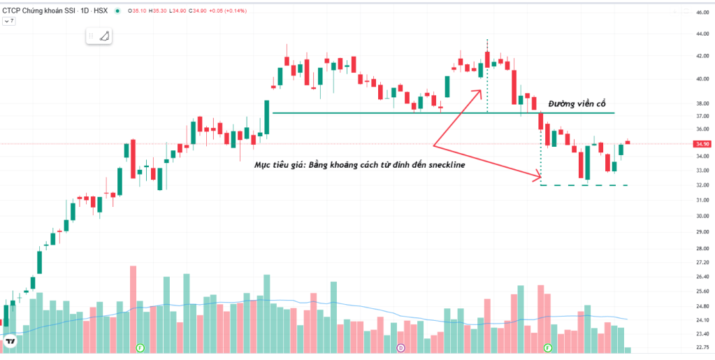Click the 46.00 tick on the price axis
tap(701, 13)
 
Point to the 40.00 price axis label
tap(701, 78)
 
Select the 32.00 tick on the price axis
tap(701, 185)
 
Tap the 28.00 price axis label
tap(701, 249)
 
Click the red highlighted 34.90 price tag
tap(702, 144)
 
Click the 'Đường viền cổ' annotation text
tap(577, 103)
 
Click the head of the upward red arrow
tap(480, 89)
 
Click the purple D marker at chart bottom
tap(400, 347)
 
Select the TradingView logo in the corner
tap(11, 341)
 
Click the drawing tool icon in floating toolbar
tap(105, 36)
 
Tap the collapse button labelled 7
tap(9, 22)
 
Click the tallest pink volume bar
tap(133, 308)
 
